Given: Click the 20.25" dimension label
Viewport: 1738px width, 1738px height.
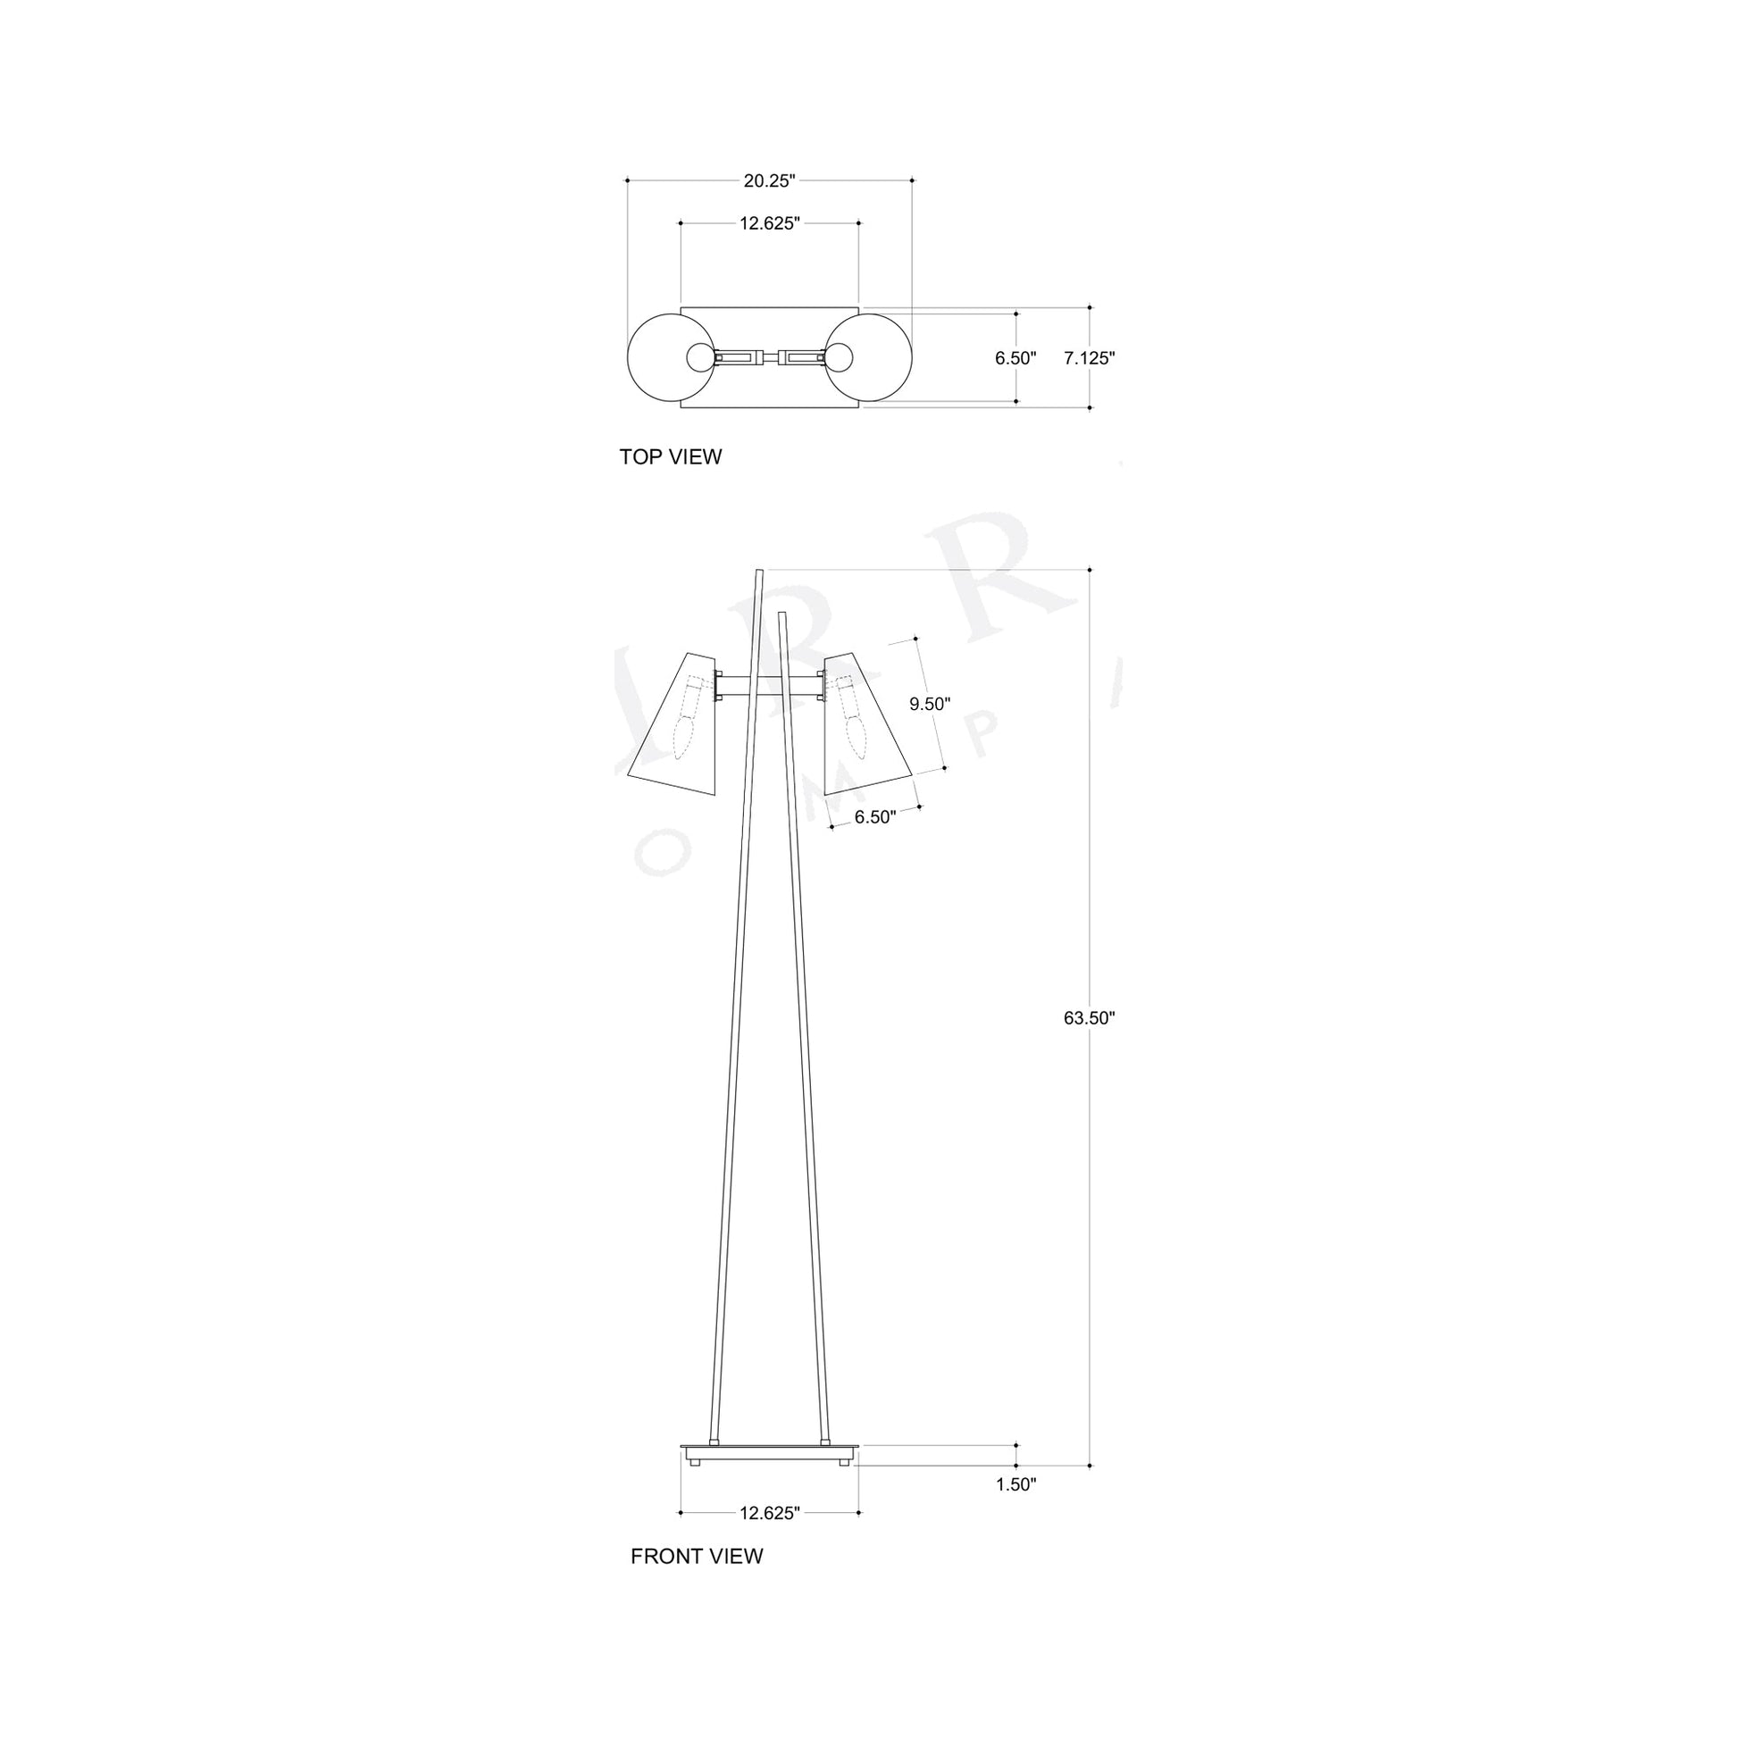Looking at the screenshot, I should pyautogui.click(x=769, y=180).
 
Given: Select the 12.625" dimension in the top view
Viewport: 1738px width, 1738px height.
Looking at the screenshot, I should pyautogui.click(x=769, y=224).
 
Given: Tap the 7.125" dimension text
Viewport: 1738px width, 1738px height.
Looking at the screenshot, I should pyautogui.click(x=1089, y=358).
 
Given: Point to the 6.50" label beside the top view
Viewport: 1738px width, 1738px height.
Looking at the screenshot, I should pyautogui.click(x=1015, y=358).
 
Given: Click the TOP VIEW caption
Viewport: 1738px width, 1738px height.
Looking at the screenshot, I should pyautogui.click(x=670, y=457).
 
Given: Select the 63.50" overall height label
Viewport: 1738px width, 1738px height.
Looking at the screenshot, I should pyautogui.click(x=1089, y=1018).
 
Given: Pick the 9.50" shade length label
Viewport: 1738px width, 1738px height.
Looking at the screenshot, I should pyautogui.click(x=929, y=705).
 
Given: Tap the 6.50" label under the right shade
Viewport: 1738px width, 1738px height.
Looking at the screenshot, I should pyautogui.click(x=875, y=817).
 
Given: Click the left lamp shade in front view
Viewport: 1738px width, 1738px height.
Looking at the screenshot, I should pyautogui.click(x=674, y=729).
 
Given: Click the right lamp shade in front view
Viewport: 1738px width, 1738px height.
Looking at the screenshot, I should pyautogui.click(x=864, y=729).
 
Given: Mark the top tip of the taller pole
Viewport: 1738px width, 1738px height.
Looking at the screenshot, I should pyautogui.click(x=760, y=571).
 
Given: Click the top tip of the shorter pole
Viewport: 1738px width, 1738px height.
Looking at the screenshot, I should pyautogui.click(x=782, y=615).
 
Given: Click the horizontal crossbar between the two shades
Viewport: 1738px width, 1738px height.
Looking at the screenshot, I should pyautogui.click(x=769, y=687).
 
